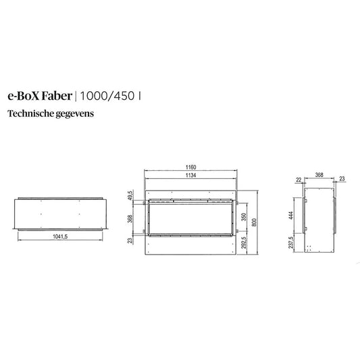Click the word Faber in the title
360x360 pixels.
coord(57,96)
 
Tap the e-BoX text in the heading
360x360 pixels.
coord(24,96)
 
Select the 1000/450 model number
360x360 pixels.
coord(107,96)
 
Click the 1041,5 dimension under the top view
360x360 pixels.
coord(60,236)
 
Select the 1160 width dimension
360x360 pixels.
coord(190,167)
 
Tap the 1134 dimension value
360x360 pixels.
coord(190,175)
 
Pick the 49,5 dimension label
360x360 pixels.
coord(130,195)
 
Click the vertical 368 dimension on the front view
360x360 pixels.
coord(130,219)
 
